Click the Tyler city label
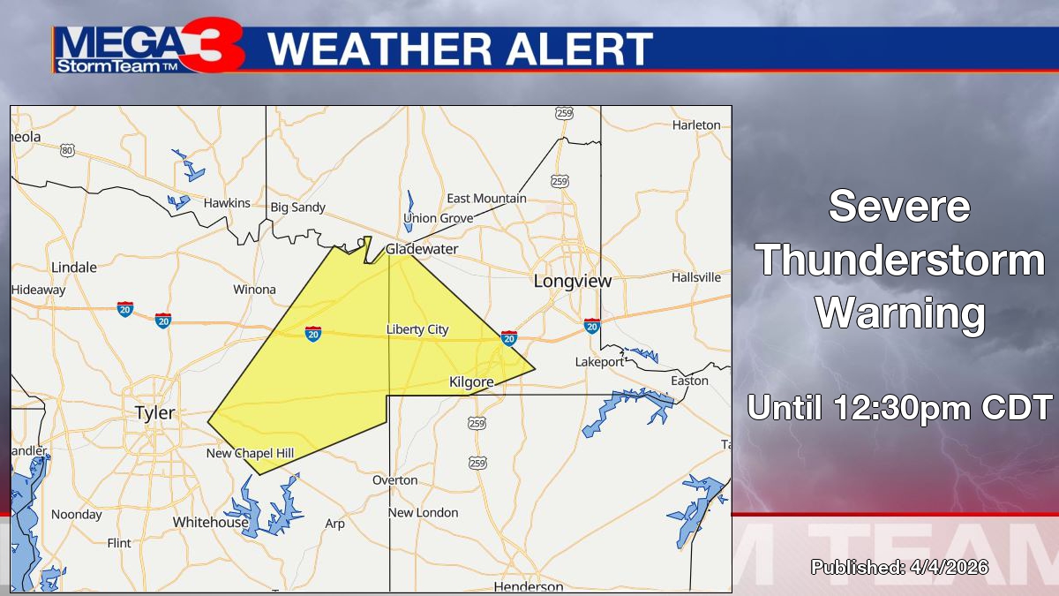tap(154, 412)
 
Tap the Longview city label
tap(572, 281)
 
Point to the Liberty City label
tap(417, 329)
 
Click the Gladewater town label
tap(422, 249)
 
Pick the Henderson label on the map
tap(528, 586)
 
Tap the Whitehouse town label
tap(211, 522)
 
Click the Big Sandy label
tap(297, 207)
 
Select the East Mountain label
tap(486, 198)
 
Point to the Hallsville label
tap(696, 277)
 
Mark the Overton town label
tap(394, 479)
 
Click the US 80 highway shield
tap(68, 151)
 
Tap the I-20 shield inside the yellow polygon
tap(312, 333)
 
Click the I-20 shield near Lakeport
tap(591, 326)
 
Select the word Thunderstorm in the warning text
tap(900, 261)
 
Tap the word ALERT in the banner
tap(579, 49)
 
